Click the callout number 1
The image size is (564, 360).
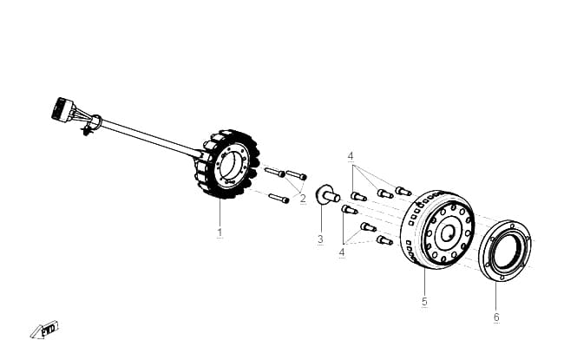[x=220, y=232]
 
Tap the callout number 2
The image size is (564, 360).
[x=303, y=199]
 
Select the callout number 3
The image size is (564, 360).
[x=320, y=239]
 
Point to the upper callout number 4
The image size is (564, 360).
[x=351, y=156]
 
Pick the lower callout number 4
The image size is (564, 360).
[x=342, y=252]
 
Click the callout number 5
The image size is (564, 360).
[x=424, y=301]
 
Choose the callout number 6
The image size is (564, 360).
[x=496, y=317]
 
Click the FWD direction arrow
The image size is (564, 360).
[x=44, y=330]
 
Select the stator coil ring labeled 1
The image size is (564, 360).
[x=227, y=164]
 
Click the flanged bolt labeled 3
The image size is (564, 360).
[x=327, y=195]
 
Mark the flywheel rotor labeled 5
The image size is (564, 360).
[x=437, y=230]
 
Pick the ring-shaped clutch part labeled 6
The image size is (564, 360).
[x=507, y=251]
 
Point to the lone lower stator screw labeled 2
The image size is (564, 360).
[x=279, y=198]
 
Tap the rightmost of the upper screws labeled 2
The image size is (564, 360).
[x=297, y=174]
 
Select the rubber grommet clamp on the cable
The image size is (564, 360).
[x=95, y=123]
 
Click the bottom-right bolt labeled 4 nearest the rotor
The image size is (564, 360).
[x=384, y=240]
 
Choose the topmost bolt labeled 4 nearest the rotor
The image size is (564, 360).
[x=403, y=191]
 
